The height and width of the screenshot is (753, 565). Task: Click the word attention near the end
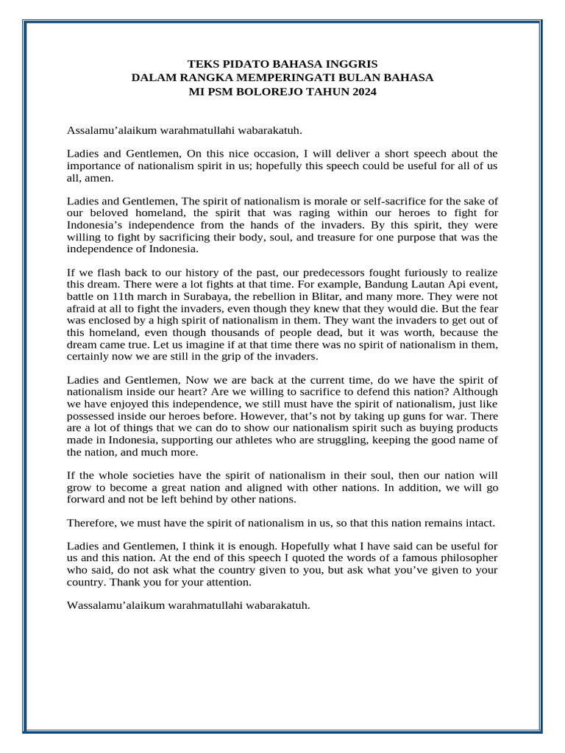pyautogui.click(x=227, y=582)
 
